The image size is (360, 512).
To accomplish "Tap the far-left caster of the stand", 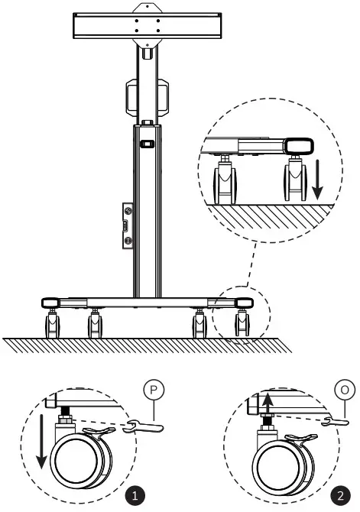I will pyautogui.click(x=53, y=324).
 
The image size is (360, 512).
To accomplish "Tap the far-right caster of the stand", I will pyautogui.click(x=242, y=324).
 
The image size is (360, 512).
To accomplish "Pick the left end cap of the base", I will pyautogui.click(x=52, y=303).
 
